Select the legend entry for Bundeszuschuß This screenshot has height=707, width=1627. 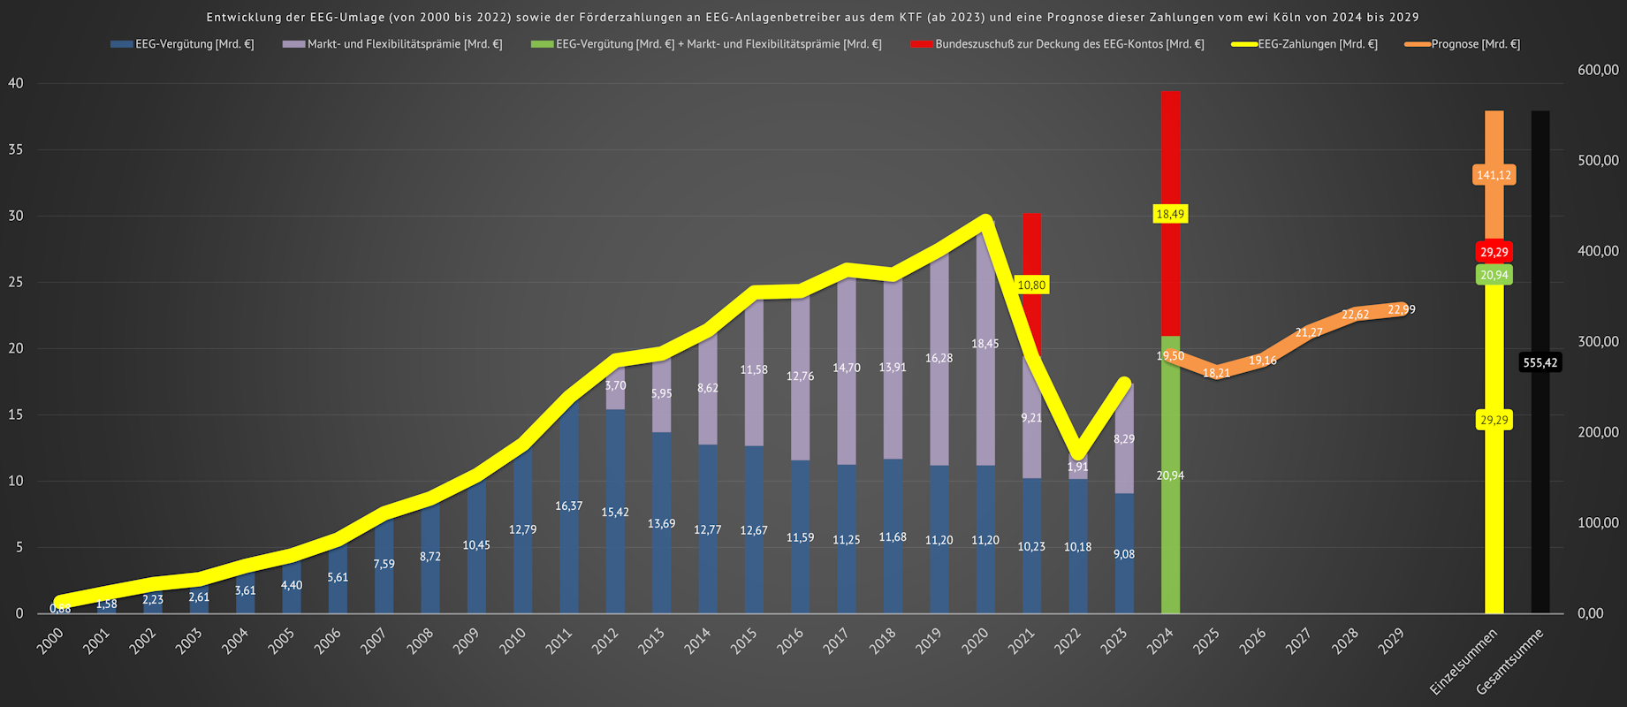1068,44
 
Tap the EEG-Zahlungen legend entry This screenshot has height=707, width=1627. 1317,44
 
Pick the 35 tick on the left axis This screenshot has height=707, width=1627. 16,149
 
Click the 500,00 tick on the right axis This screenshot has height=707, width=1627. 1598,161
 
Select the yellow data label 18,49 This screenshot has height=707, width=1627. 1170,214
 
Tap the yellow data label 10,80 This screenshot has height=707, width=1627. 1031,285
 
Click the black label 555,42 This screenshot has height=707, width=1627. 1540,362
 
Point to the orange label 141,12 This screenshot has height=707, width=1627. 1494,175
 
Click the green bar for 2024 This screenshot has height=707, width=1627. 1170,530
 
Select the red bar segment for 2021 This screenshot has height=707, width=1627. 1031,247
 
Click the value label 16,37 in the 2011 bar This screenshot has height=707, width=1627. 569,506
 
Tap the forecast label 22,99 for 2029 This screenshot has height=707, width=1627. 1402,309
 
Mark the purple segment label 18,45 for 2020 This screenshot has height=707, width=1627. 985,344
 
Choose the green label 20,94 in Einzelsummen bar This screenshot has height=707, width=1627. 1494,275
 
